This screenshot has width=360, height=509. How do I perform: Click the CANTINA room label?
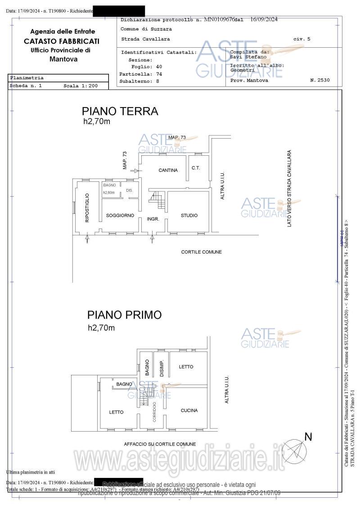[168, 170]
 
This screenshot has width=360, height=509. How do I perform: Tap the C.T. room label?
[196, 168]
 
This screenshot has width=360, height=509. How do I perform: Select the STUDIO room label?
[189, 216]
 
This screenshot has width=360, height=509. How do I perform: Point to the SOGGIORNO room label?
[120, 216]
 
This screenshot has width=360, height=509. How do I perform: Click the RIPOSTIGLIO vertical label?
[87, 207]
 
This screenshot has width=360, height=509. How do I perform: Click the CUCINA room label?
[189, 410]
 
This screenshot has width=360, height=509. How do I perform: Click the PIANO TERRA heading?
[120, 111]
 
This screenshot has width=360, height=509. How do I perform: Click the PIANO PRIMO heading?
[124, 315]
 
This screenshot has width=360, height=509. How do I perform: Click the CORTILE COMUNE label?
[201, 252]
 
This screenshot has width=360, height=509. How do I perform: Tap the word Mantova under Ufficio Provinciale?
[63, 59]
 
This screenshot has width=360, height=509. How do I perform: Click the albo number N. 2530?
[319, 80]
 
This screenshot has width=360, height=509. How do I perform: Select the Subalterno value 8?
[157, 81]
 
